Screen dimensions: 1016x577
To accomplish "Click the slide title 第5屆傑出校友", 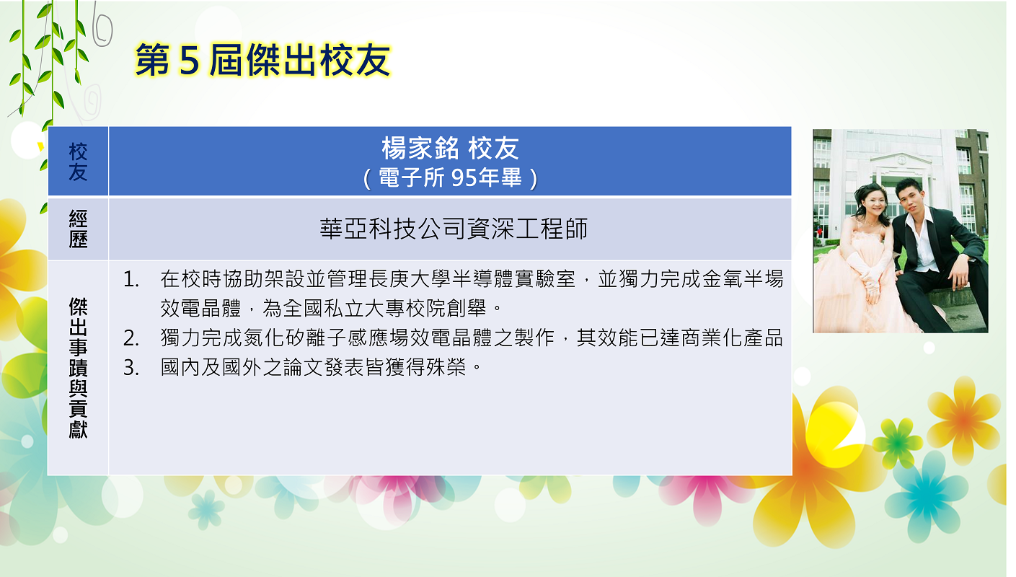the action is (262, 60).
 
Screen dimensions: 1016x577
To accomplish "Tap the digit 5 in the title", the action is (189, 61).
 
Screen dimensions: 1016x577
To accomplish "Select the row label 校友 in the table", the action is (78, 162).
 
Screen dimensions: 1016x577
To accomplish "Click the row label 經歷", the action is (78, 229).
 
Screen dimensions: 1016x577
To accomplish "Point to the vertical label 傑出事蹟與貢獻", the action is (78, 368).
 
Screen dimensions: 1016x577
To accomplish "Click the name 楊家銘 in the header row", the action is (420, 149).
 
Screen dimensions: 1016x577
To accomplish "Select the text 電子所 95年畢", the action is (450, 177).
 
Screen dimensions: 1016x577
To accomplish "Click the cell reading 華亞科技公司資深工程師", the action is (454, 229).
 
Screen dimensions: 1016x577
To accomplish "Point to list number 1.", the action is (131, 279).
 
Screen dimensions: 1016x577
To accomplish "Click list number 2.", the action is (131, 338).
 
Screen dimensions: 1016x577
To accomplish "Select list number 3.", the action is (131, 368).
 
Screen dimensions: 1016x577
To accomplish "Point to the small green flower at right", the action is (898, 442).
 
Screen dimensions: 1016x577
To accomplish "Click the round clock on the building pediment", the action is (901, 159).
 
